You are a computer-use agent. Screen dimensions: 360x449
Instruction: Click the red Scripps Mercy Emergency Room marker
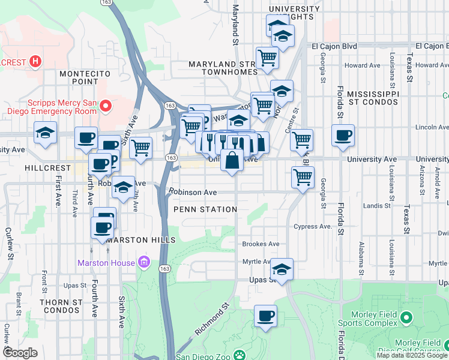(x=106, y=107)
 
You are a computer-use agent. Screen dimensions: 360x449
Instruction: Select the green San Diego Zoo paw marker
(x=239, y=355)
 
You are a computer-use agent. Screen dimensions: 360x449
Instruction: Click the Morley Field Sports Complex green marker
(x=406, y=317)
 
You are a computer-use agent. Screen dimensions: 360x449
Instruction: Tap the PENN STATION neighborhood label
(x=205, y=209)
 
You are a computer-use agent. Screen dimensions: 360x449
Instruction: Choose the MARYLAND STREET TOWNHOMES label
(x=223, y=68)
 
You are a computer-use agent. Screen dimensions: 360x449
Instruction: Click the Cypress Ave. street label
(x=313, y=227)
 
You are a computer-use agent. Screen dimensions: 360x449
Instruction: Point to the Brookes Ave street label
(x=261, y=244)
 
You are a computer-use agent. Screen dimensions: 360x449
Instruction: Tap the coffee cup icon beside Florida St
(x=343, y=135)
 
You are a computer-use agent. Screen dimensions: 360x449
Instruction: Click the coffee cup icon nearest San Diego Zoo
(x=265, y=315)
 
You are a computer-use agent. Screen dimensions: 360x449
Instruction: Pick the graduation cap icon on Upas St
(x=281, y=269)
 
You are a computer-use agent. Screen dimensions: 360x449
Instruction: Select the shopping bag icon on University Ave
(x=232, y=161)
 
